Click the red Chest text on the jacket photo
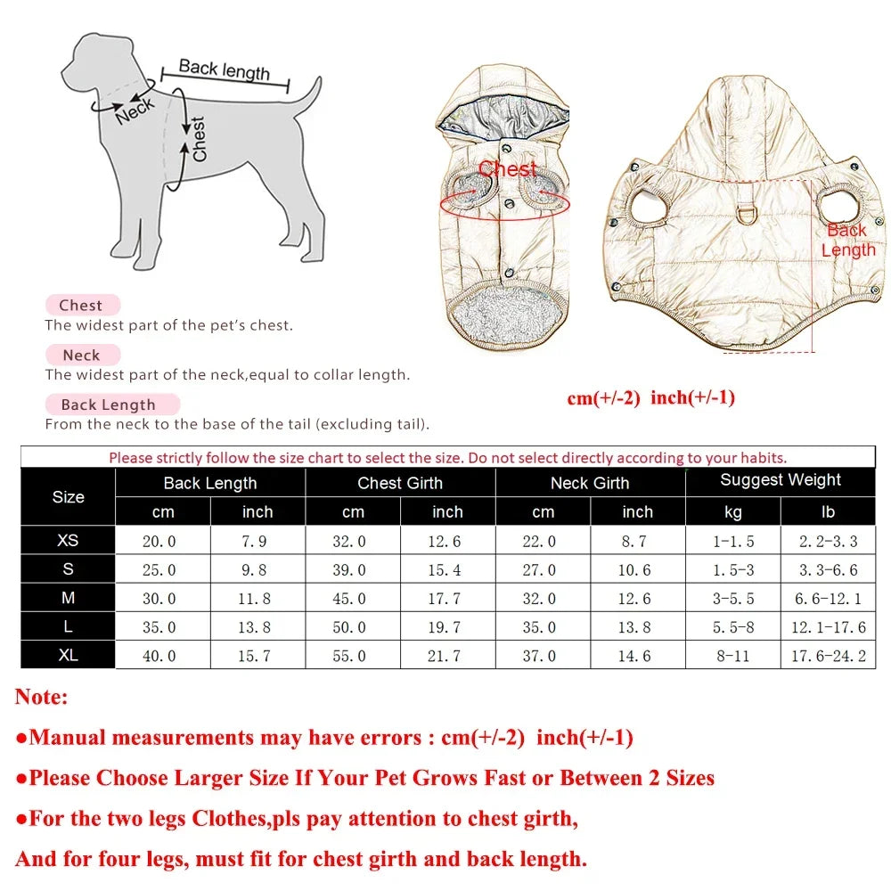(508, 168)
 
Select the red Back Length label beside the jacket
(847, 240)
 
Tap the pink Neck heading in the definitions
(81, 355)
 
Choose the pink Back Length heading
(108, 405)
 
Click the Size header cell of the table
(68, 497)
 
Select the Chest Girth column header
(400, 483)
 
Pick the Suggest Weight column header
(781, 480)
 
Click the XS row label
(68, 541)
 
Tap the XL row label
(68, 655)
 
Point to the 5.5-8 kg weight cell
(732, 627)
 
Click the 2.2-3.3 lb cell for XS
(828, 542)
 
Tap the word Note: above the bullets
(41, 697)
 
